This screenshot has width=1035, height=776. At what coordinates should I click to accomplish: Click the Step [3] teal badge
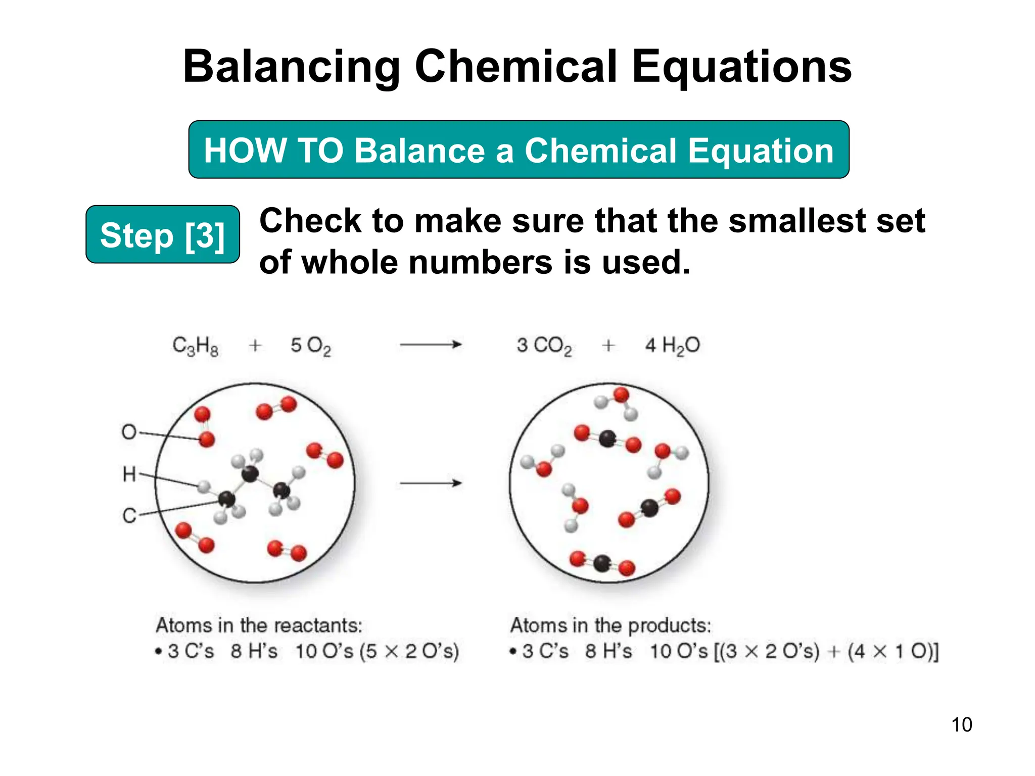tap(162, 234)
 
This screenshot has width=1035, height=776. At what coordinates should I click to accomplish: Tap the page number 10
tap(961, 724)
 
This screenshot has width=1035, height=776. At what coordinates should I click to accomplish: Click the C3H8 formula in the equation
tap(195, 346)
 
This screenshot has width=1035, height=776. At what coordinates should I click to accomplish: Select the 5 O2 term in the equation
tap(310, 346)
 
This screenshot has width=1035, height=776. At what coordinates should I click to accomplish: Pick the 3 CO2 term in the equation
tap(544, 346)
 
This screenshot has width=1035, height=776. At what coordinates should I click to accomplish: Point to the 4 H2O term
tap(672, 346)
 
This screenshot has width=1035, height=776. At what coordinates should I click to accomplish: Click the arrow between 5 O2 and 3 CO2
tap(431, 345)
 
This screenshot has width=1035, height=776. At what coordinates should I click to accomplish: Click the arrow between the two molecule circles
tap(431, 483)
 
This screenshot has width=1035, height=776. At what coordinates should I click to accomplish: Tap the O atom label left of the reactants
tap(129, 432)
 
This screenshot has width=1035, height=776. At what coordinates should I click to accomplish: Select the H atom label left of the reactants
tap(129, 474)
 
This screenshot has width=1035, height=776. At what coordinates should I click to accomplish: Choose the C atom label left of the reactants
tap(129, 516)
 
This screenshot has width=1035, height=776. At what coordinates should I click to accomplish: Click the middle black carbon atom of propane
tap(250, 473)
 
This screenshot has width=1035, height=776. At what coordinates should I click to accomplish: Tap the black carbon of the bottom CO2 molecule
tap(602, 563)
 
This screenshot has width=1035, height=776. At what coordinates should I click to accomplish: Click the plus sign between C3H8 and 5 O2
tap(255, 346)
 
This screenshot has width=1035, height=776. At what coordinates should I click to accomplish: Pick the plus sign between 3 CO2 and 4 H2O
tap(608, 346)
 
